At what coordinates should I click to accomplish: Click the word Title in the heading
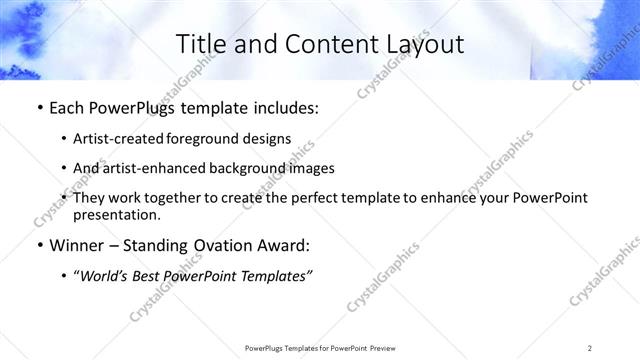tap(198, 44)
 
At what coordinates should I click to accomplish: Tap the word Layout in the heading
tap(427, 44)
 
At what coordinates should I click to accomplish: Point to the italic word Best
tap(151, 275)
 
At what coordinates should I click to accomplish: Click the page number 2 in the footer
tap(590, 348)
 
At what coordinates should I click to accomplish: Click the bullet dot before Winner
tap(39, 245)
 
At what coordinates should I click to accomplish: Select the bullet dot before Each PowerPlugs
tap(39, 109)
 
